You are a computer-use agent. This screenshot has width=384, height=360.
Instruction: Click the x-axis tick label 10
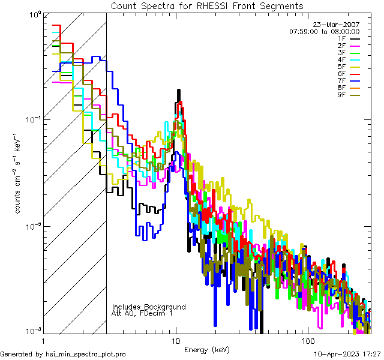(x=176, y=341)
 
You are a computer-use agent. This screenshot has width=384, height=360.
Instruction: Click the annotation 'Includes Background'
(x=149, y=307)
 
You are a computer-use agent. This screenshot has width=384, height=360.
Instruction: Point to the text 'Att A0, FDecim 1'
(x=142, y=313)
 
